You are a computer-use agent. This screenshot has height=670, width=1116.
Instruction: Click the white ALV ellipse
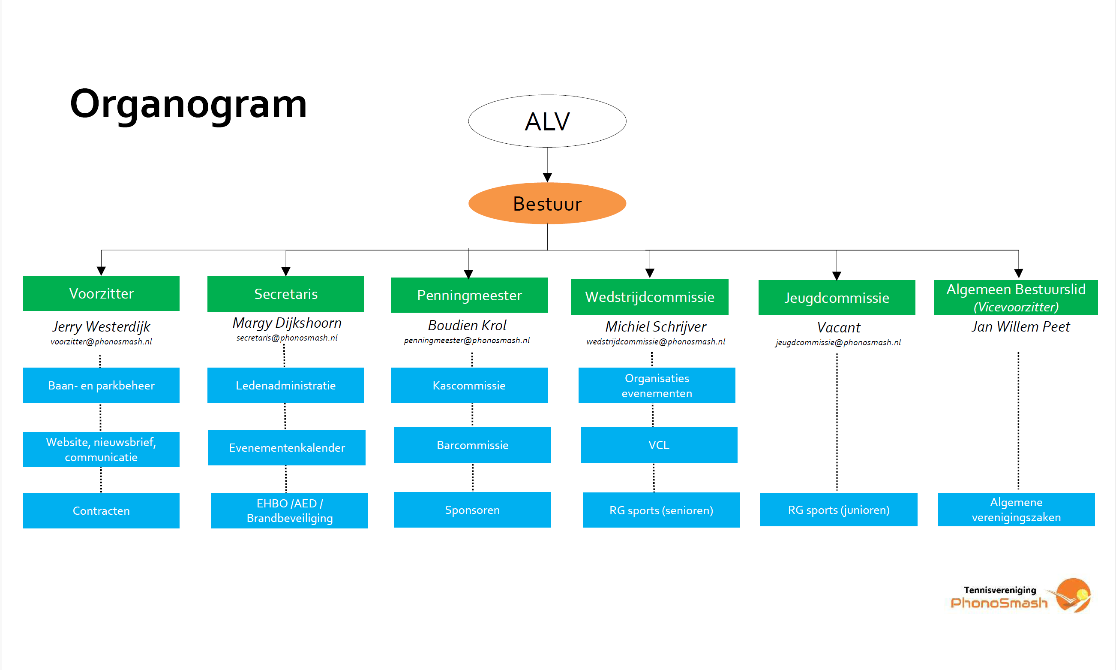(x=547, y=121)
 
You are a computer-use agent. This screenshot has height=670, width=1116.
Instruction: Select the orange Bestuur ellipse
(x=547, y=203)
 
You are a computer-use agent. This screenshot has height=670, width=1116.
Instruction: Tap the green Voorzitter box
(x=101, y=293)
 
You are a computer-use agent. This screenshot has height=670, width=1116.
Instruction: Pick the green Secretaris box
(x=285, y=294)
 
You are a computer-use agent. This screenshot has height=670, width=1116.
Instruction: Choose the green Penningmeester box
(x=469, y=295)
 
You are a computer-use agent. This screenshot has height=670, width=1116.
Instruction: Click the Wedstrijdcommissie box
(x=650, y=297)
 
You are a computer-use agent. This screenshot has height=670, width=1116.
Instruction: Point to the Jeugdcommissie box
(x=837, y=298)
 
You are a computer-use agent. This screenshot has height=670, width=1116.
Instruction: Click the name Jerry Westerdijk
(x=101, y=326)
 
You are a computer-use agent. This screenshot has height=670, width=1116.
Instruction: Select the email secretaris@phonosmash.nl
(x=287, y=338)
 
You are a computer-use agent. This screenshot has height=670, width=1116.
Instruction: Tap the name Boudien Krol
(x=467, y=325)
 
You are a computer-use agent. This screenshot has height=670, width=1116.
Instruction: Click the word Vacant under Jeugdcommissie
(x=839, y=327)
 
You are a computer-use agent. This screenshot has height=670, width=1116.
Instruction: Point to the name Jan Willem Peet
(x=1020, y=326)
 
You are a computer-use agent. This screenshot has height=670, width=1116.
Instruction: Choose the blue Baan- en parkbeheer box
(x=101, y=385)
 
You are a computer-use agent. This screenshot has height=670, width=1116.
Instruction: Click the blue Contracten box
(x=101, y=510)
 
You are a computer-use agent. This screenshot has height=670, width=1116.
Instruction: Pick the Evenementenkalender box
(x=287, y=447)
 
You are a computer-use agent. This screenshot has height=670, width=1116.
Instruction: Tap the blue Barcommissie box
(x=473, y=445)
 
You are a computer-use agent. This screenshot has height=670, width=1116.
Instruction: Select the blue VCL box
(x=659, y=445)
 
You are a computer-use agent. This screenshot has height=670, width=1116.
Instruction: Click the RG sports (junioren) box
(x=839, y=510)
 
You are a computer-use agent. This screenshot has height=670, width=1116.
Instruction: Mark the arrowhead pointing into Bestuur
(x=547, y=178)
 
